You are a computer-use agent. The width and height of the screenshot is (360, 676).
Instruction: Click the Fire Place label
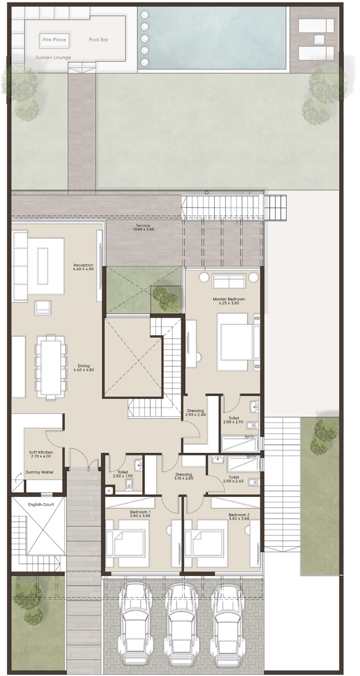(54, 40)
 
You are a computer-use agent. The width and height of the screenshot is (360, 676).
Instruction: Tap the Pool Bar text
(99, 40)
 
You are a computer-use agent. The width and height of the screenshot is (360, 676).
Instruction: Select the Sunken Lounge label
(53, 57)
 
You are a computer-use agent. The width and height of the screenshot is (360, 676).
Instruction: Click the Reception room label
(83, 267)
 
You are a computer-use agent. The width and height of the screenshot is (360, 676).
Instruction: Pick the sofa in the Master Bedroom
(229, 281)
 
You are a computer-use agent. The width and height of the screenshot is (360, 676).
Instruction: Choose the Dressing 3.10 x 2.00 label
(183, 476)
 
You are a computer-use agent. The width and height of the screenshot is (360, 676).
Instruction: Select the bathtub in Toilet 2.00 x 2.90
(240, 444)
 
